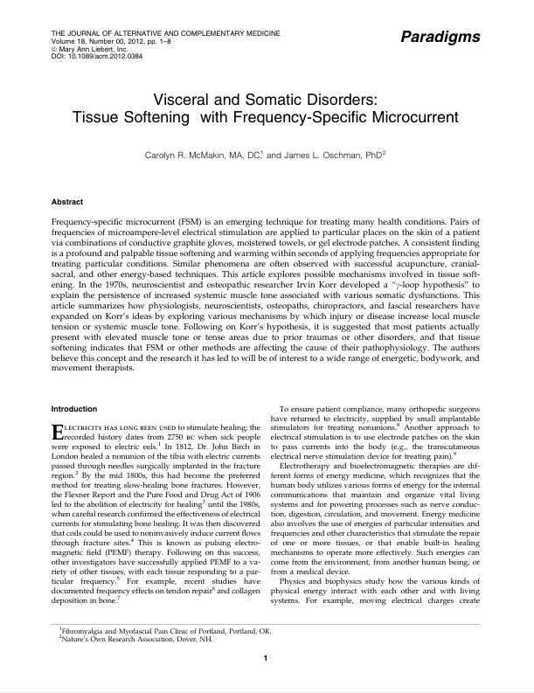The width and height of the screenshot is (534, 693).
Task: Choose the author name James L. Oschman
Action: point(358,154)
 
